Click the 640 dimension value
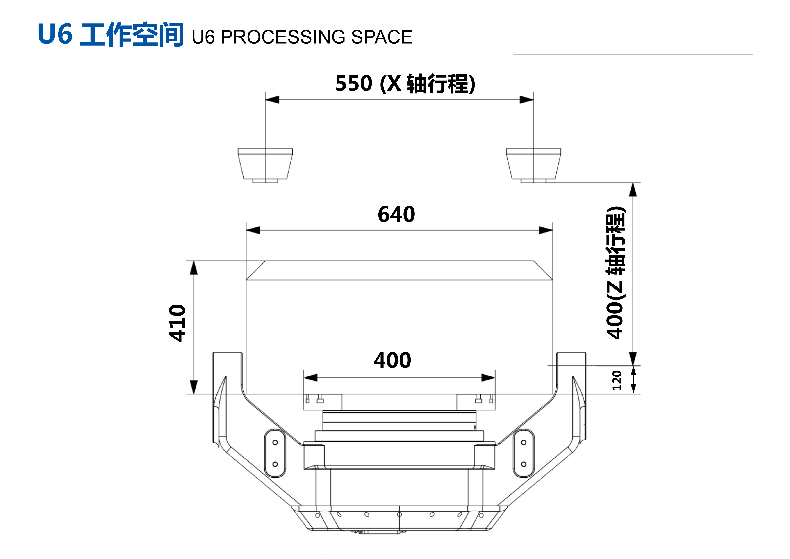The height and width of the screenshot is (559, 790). (x=396, y=214)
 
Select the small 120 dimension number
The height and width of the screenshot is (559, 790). (x=617, y=380)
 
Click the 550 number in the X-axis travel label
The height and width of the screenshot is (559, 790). (x=354, y=83)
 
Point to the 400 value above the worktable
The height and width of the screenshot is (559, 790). (x=392, y=360)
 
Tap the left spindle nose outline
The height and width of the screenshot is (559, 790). (x=265, y=165)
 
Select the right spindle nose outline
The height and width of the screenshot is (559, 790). (x=533, y=165)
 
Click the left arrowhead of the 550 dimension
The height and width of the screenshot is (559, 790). (x=272, y=100)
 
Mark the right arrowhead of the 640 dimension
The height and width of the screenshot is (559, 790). (x=546, y=230)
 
